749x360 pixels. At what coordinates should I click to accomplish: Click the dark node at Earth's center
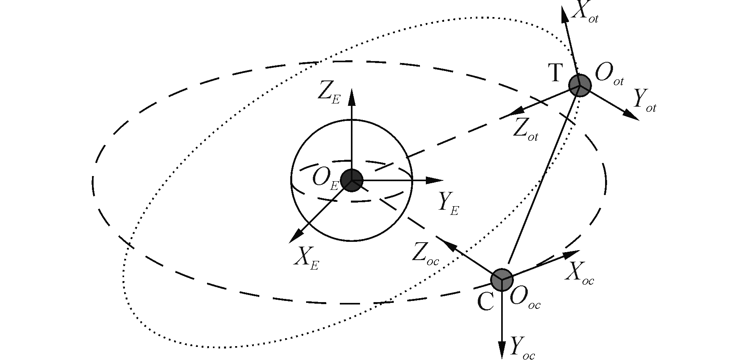click(x=351, y=180)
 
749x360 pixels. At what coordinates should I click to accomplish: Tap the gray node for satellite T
click(x=580, y=85)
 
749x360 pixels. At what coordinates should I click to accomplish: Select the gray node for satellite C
click(x=502, y=280)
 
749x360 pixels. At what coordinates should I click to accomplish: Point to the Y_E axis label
click(x=448, y=204)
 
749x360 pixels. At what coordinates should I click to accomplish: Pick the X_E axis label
click(x=306, y=259)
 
